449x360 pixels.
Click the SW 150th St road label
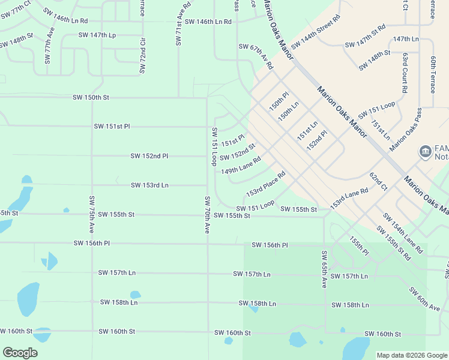coord(91,97)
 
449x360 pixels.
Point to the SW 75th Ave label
coord(92,214)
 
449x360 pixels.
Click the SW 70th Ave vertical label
coord(207,215)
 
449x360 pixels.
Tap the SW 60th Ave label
coord(424,299)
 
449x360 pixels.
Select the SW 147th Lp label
coord(97,35)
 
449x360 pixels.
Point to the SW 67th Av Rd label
coord(255,56)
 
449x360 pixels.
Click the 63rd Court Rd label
coord(405,72)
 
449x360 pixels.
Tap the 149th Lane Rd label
coord(240,166)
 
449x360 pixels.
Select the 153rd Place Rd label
coord(265,185)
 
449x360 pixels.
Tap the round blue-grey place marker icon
coord(425,151)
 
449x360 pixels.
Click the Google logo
coord(20,353)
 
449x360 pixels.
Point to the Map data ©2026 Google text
coord(411,355)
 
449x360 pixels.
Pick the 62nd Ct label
coord(378,182)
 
